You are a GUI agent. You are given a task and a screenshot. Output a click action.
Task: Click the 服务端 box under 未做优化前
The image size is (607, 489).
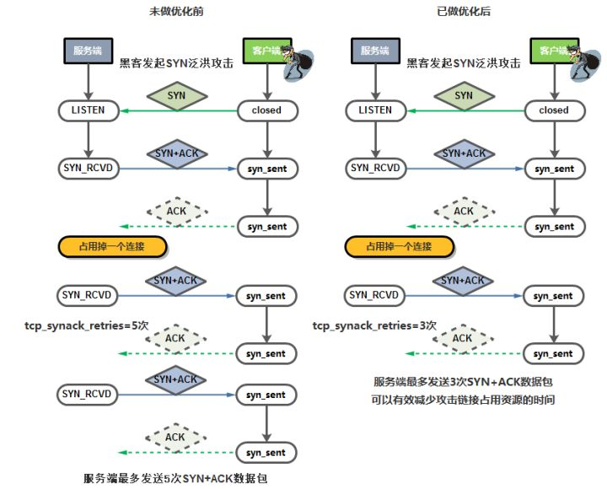point(89,51)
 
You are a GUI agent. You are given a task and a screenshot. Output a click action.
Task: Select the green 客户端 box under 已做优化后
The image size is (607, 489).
point(553,51)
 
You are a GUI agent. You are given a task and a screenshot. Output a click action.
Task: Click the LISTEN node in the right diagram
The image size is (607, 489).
point(375,110)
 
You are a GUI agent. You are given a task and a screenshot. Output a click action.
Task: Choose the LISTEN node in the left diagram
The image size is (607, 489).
point(88,110)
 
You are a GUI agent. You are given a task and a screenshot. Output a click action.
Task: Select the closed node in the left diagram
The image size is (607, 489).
point(266,110)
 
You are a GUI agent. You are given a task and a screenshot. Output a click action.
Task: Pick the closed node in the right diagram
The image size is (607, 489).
point(554,110)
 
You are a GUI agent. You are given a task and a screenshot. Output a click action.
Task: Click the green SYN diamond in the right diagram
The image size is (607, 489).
point(464,96)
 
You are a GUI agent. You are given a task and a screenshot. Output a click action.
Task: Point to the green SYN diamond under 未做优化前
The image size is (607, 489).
point(176,96)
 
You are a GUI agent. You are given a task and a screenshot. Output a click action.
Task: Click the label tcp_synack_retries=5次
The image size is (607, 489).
point(76,325)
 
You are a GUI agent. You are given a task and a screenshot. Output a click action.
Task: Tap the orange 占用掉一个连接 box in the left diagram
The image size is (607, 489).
point(113,247)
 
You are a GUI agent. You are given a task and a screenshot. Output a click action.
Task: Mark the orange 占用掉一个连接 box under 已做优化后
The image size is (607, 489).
point(400,247)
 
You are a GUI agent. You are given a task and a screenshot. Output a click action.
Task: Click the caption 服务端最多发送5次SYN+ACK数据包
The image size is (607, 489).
point(175,478)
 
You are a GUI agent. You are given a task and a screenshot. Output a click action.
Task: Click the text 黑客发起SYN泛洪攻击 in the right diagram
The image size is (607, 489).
point(463,62)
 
